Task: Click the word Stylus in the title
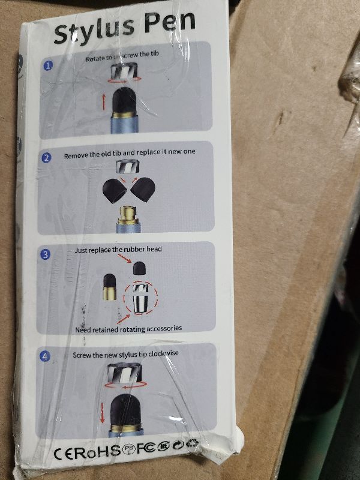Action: click(x=94, y=29)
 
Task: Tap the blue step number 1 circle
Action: click(x=47, y=65)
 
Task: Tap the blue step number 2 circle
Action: click(x=46, y=158)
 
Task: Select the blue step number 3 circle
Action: click(x=46, y=254)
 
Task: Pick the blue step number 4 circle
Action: click(x=45, y=356)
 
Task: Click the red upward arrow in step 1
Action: click(x=104, y=102)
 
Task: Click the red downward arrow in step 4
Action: click(x=102, y=413)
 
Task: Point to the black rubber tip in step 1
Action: click(x=124, y=101)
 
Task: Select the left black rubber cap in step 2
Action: click(x=115, y=191)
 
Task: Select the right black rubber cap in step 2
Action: click(x=143, y=190)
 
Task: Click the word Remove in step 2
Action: click(x=76, y=155)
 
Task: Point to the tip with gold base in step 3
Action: click(x=110, y=287)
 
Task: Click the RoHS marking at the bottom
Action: click(x=97, y=452)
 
